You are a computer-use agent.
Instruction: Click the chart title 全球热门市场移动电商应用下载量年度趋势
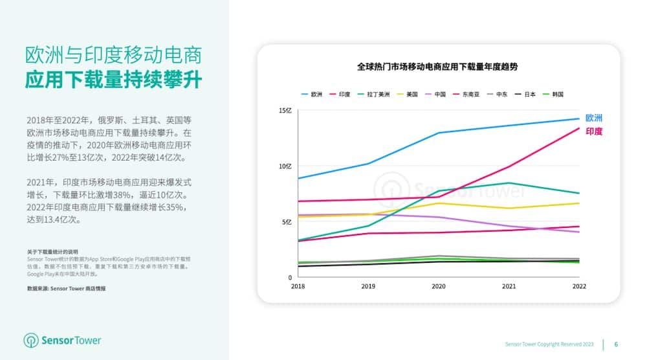[x=438, y=67]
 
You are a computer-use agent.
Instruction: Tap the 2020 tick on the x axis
[x=439, y=286]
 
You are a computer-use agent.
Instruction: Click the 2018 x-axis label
[x=298, y=286]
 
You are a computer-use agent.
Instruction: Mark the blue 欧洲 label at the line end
[x=594, y=118]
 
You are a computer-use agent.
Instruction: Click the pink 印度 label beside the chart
[x=594, y=131]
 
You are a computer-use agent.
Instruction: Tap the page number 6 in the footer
[x=616, y=344]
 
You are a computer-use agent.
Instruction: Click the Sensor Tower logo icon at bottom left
[x=32, y=341]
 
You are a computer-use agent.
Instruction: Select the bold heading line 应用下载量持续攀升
[x=113, y=81]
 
